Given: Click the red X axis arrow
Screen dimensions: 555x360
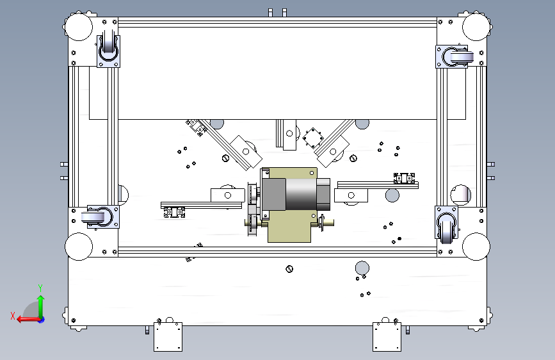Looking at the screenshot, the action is click(x=28, y=320).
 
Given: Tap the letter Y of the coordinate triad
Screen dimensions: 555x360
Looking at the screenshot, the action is click(x=40, y=288).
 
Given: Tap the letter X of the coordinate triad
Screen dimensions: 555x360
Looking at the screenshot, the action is click(x=13, y=316).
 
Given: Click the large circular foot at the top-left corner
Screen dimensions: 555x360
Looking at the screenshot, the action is click(x=79, y=27).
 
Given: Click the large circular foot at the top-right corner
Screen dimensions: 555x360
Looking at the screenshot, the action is click(x=476, y=27).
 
